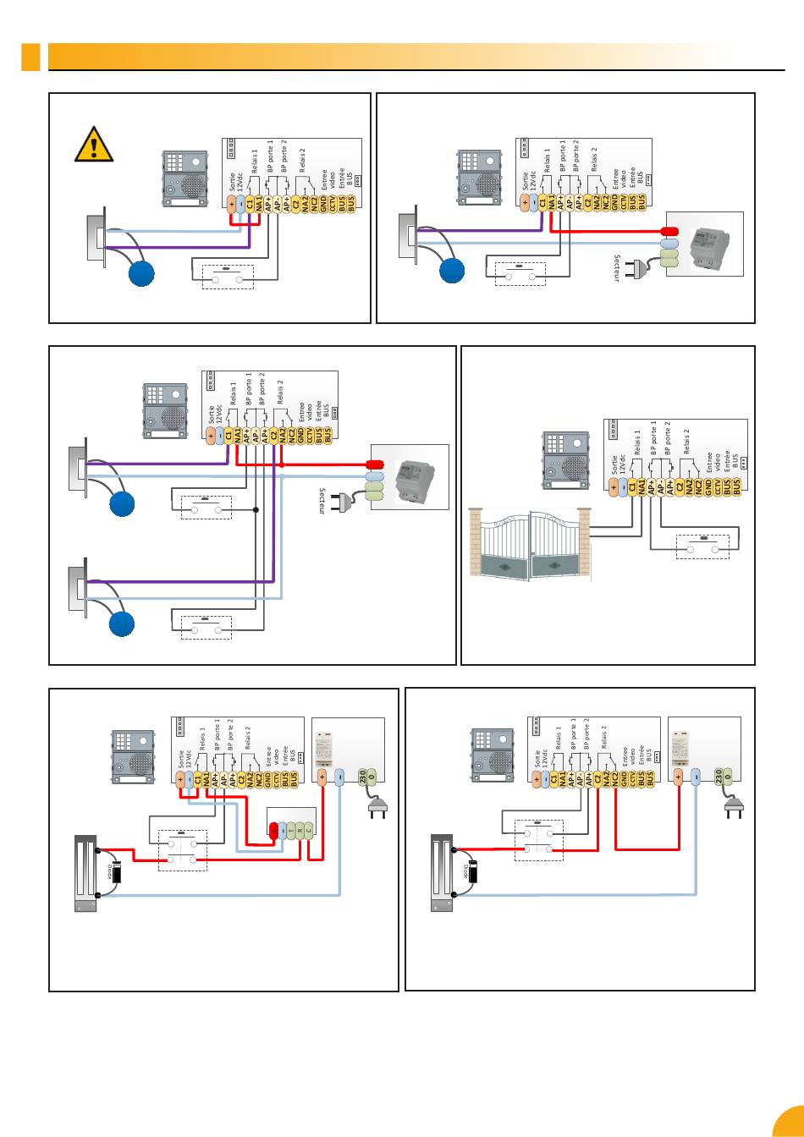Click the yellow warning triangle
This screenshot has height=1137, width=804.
[x=94, y=146]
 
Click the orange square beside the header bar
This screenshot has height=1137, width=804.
[x=30, y=57]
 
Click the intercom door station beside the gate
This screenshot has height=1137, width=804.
[x=564, y=460]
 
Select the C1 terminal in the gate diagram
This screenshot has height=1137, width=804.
[x=632, y=487]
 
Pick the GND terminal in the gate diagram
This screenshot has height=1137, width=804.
[x=708, y=487]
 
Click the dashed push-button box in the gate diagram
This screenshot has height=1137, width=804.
[x=702, y=547]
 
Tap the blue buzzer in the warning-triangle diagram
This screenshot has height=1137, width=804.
[x=141, y=274]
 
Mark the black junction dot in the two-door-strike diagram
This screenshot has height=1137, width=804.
[x=256, y=510]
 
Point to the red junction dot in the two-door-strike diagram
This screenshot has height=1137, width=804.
[x=282, y=464]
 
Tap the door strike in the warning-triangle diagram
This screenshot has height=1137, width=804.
[x=95, y=239]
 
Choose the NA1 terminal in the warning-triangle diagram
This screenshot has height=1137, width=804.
[x=259, y=204]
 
